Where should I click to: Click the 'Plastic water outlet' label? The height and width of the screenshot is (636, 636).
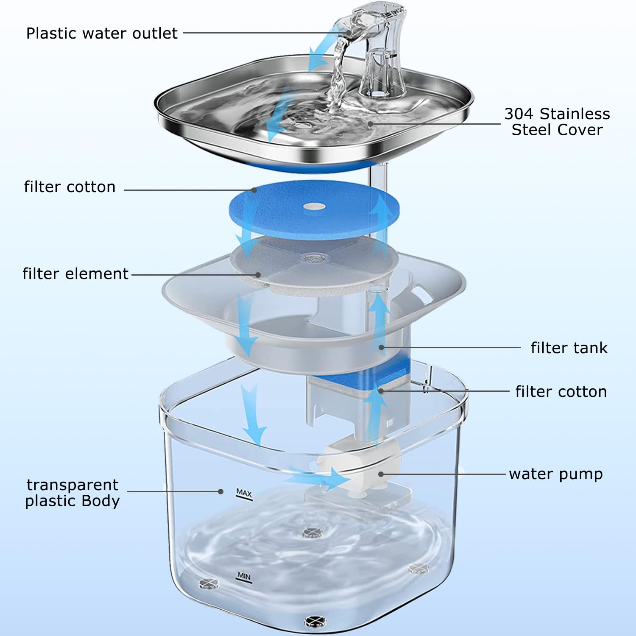[102, 33]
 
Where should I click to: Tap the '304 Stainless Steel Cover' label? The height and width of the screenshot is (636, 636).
[557, 122]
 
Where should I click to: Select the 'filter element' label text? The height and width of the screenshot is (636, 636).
[75, 274]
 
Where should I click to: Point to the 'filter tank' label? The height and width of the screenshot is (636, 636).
[569, 348]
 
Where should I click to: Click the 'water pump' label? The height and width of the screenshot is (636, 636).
[556, 474]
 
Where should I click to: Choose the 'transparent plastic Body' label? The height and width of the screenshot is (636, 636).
[73, 493]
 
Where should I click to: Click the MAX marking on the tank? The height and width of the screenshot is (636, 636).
[244, 494]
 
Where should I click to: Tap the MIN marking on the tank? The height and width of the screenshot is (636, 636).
[244, 577]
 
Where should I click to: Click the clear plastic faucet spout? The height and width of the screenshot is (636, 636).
[373, 47]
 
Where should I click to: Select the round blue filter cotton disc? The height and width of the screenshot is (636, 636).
[314, 209]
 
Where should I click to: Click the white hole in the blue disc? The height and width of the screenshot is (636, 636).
[315, 206]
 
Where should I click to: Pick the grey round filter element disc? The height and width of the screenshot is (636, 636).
[314, 265]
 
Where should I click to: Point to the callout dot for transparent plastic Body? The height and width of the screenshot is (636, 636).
[220, 492]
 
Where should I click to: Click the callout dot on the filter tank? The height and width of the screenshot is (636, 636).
[381, 348]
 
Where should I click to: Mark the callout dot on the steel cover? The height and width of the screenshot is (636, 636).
[370, 124]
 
